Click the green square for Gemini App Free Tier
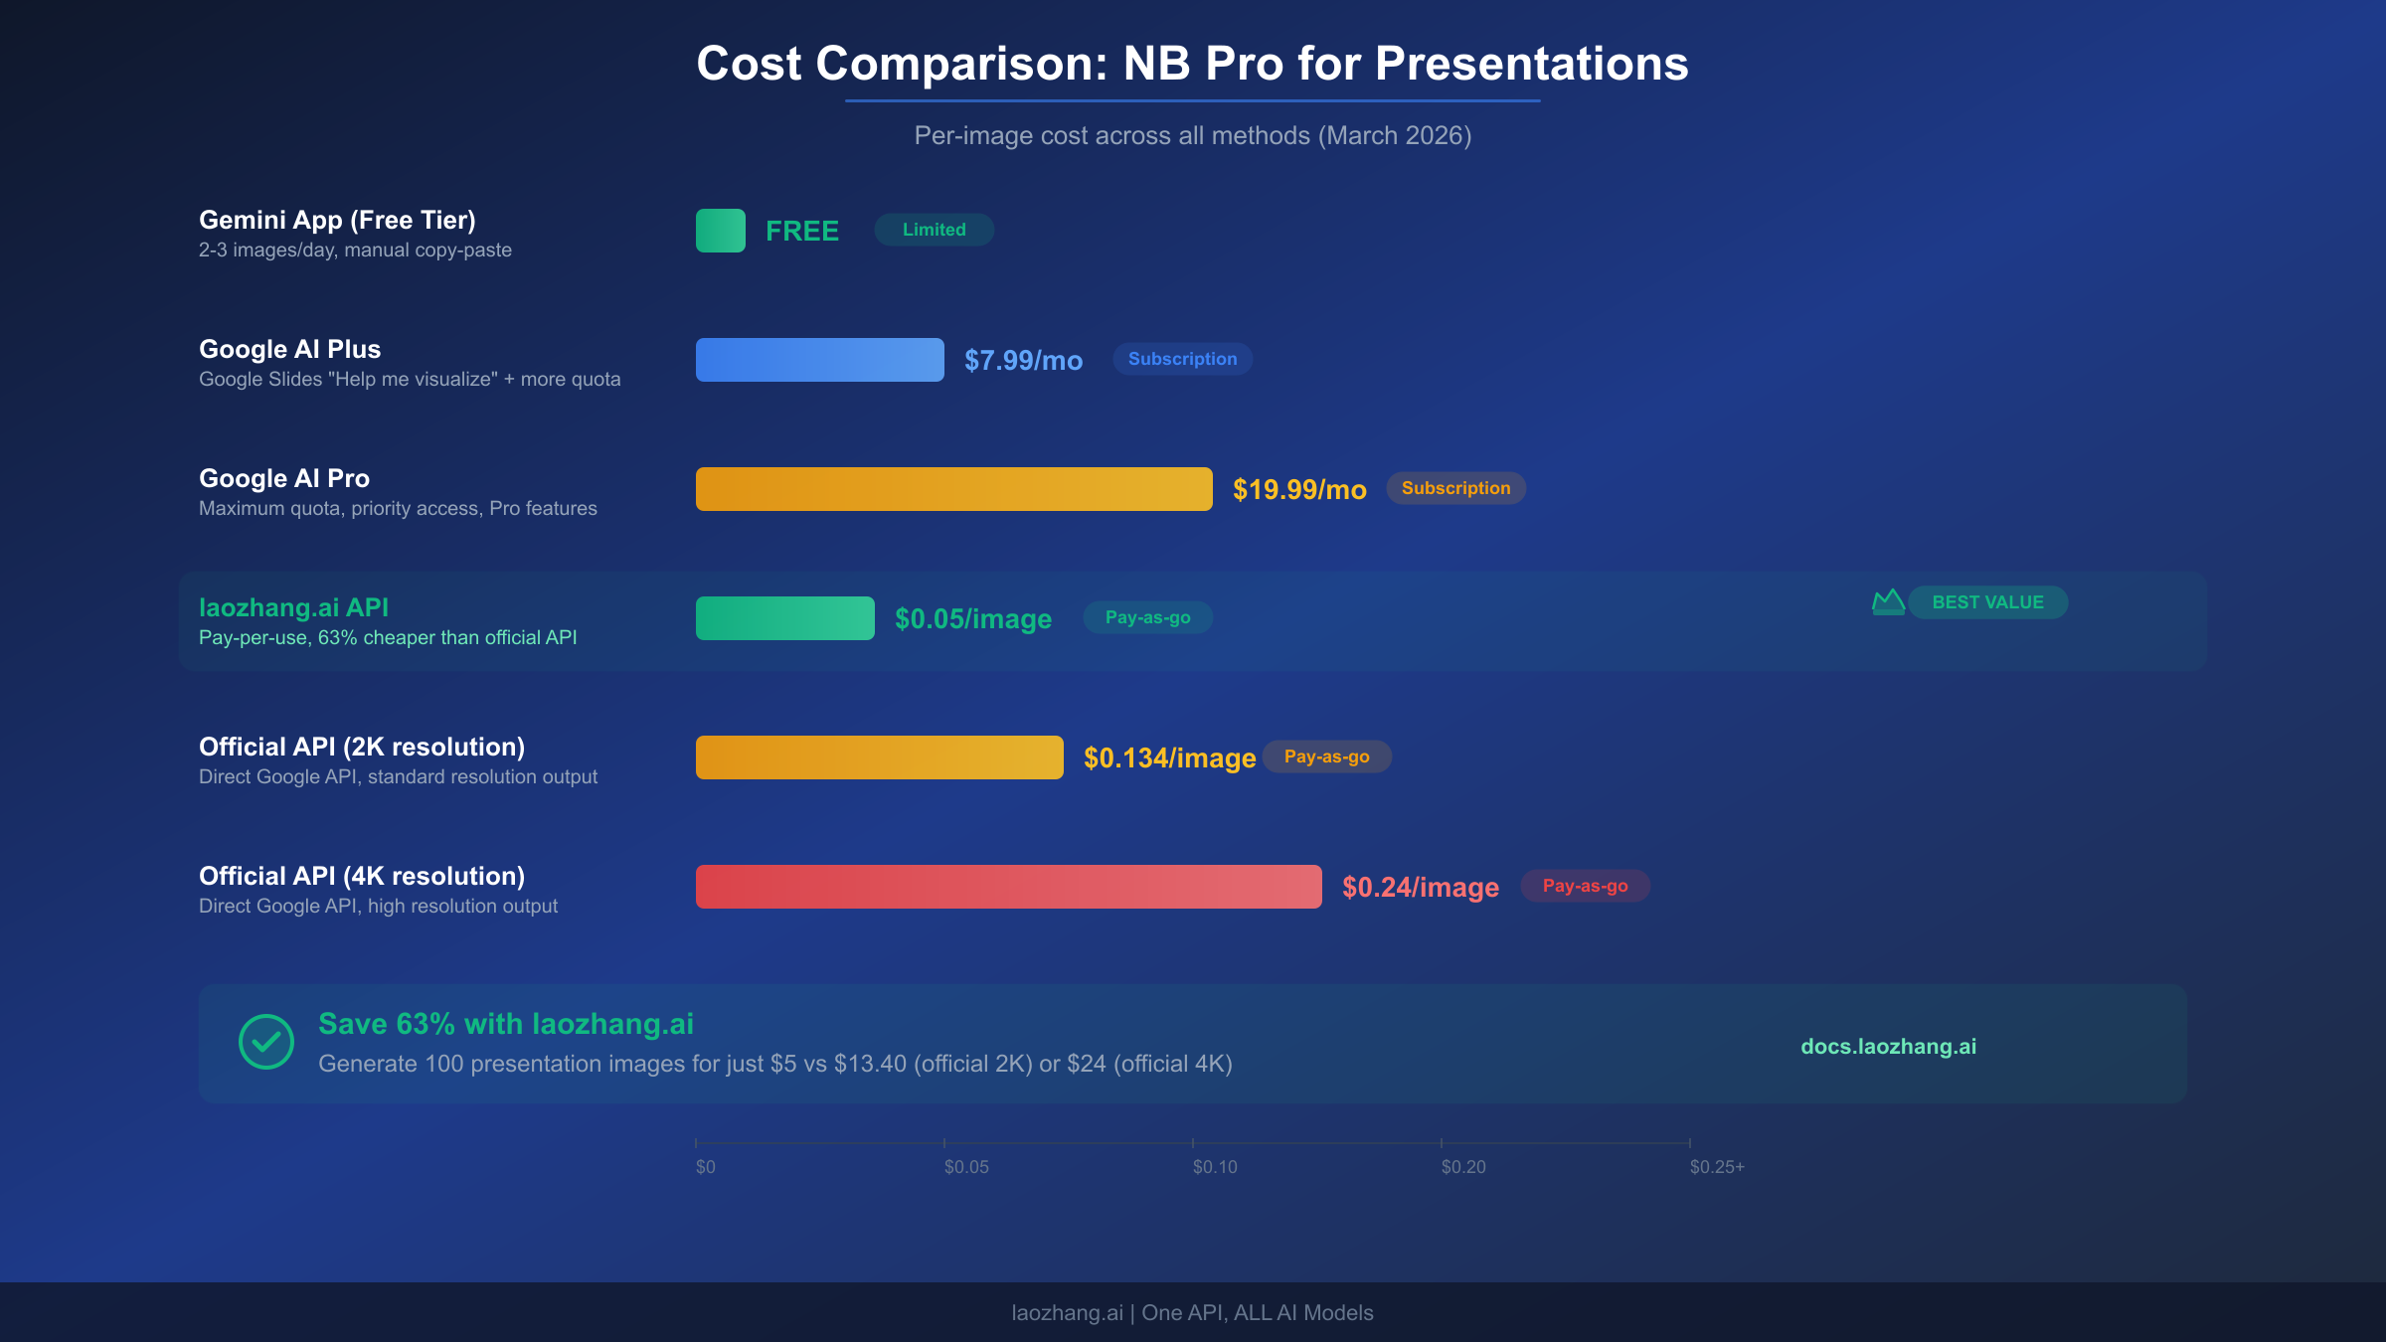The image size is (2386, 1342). [720, 231]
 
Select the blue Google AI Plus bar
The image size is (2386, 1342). [819, 360]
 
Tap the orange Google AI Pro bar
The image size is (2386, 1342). [953, 489]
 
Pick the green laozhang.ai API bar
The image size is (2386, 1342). [784, 618]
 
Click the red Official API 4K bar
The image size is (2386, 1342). [1008, 887]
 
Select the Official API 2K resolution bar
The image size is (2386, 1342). [879, 757]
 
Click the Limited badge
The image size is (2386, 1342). [934, 230]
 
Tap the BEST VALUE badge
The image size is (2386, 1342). [1987, 602]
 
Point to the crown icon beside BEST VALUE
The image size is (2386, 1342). [1888, 602]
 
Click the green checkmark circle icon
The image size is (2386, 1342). [266, 1042]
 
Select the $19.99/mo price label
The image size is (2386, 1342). [1298, 489]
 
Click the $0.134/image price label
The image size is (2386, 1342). [1169, 757]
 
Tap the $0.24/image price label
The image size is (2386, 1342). [1420, 887]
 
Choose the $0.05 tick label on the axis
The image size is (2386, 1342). [965, 1167]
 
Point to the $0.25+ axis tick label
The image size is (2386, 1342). [1716, 1167]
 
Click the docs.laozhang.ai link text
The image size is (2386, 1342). [1888, 1046]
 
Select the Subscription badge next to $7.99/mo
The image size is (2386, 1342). [1182, 359]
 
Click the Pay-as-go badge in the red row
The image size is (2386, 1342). [1585, 886]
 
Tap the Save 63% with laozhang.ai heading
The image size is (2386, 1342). [505, 1024]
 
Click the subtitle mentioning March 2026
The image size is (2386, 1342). [1192, 135]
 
